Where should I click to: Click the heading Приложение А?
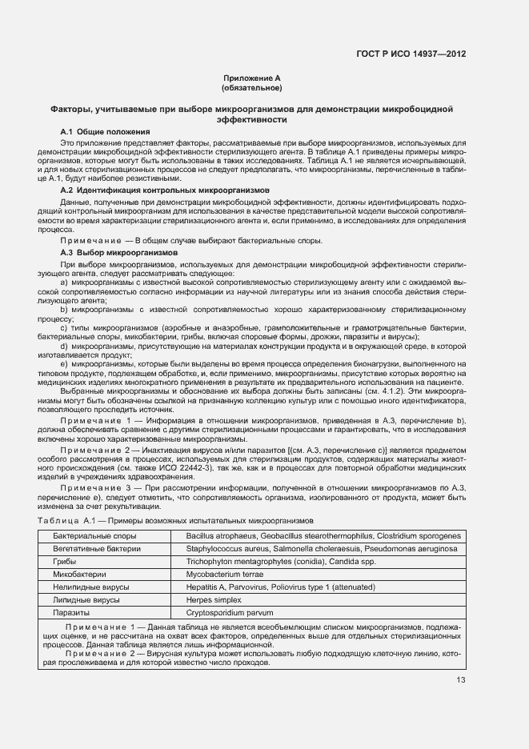(x=251, y=78)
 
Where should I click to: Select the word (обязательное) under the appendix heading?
(x=251, y=88)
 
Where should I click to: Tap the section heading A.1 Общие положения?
(x=104, y=131)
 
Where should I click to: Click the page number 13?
(x=461, y=680)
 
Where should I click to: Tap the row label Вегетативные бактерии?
(x=97, y=549)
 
